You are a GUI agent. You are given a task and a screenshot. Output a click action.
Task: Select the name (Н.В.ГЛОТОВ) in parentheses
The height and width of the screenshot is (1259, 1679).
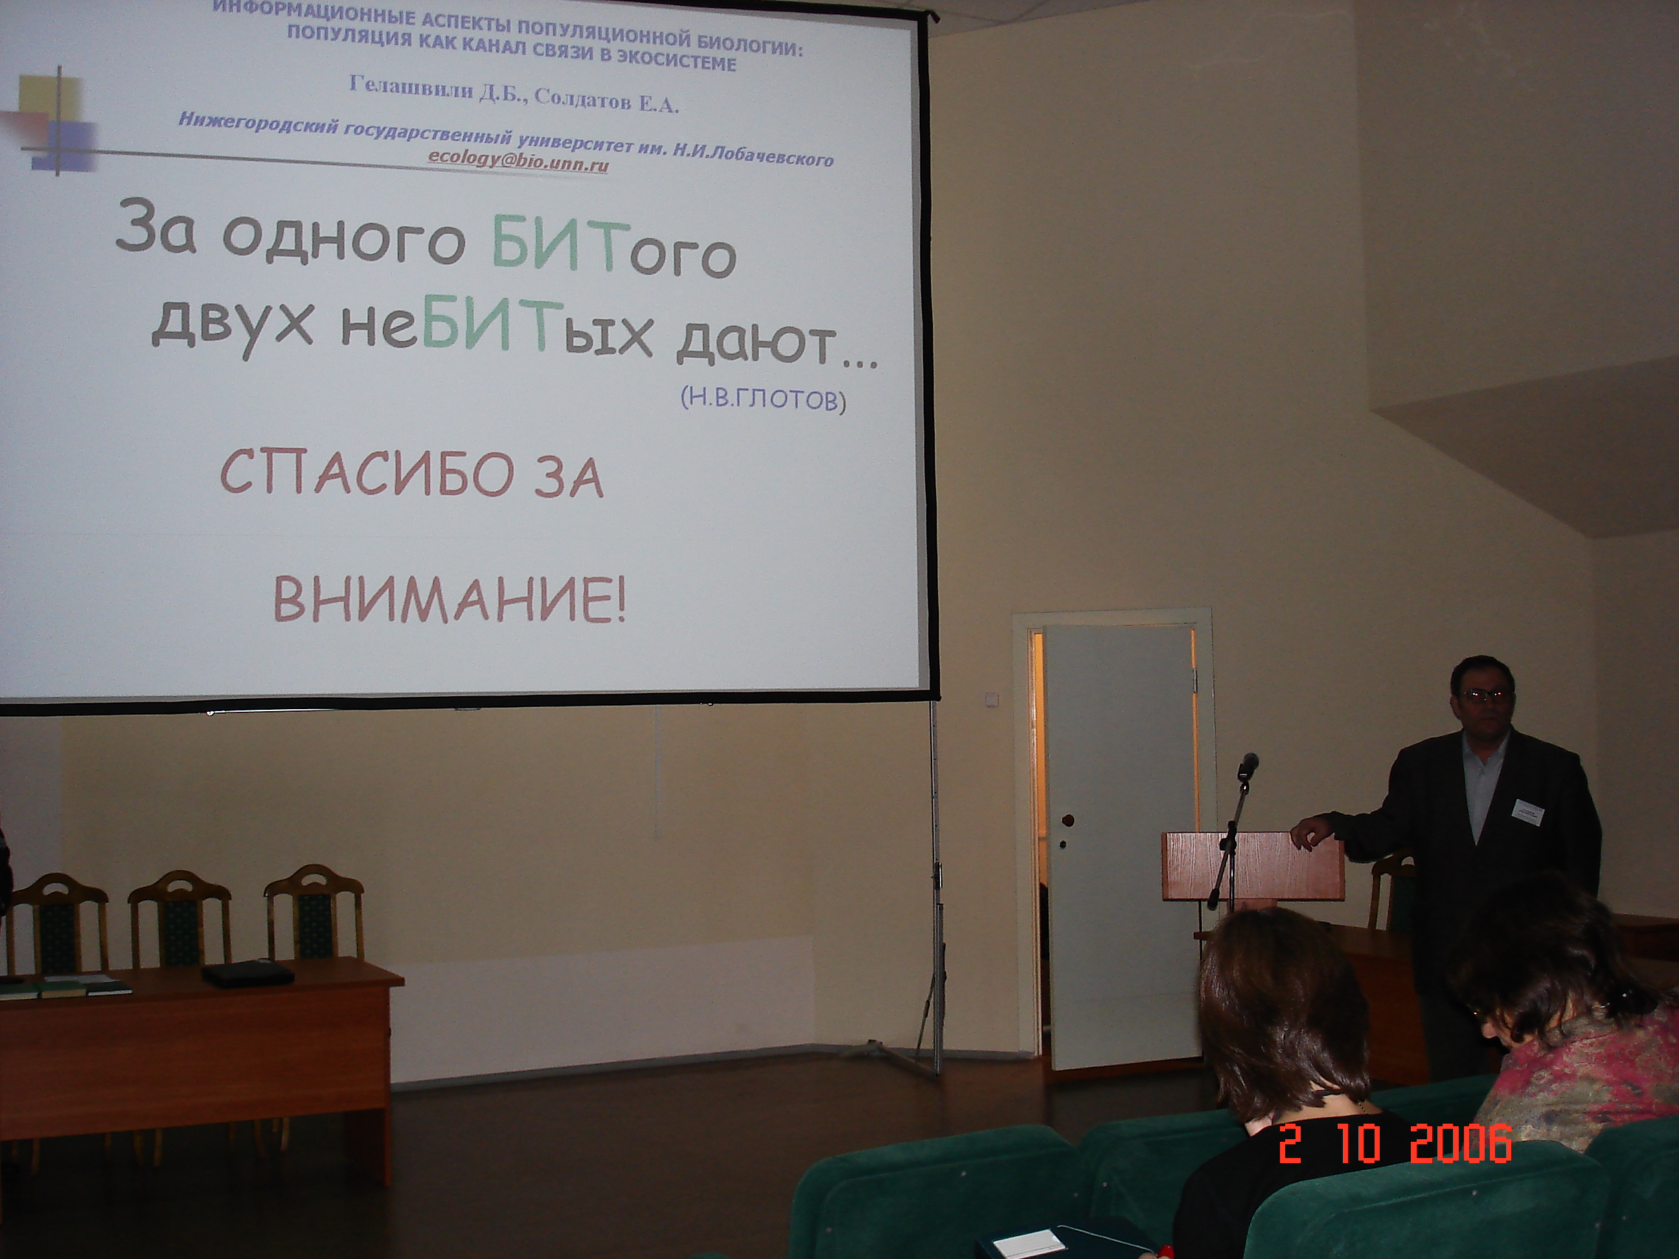tap(764, 398)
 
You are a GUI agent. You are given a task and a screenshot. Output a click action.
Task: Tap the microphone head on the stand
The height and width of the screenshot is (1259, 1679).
tap(1246, 766)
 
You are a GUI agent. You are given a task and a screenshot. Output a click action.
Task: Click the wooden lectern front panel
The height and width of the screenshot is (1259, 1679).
tap(1251, 866)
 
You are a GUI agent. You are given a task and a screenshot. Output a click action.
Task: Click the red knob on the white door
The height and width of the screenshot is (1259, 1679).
tap(1068, 821)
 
